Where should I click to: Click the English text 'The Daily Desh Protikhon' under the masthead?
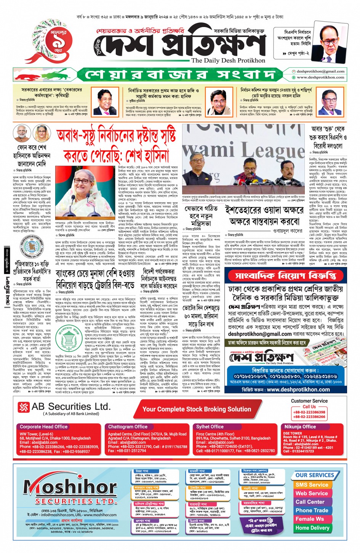tap(228, 60)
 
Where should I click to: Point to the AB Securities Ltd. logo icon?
tap(24, 407)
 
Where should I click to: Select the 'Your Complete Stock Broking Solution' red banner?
tap(197, 409)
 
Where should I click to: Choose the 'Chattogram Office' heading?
tap(128, 427)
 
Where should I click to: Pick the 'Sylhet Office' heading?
tap(210, 427)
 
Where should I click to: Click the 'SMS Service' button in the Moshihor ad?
tap(312, 485)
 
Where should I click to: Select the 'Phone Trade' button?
tap(312, 510)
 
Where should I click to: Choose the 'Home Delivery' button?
tap(312, 528)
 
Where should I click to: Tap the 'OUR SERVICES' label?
tap(315, 475)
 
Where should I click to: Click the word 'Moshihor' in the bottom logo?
tap(70, 487)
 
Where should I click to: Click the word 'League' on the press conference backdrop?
tap(270, 150)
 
